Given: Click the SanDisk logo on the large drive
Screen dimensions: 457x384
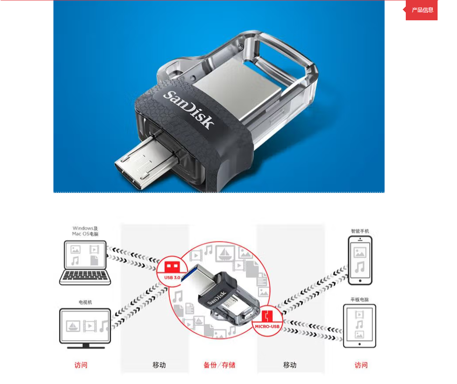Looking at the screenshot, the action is pyautogui.click(x=189, y=109).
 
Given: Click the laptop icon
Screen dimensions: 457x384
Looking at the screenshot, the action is pyautogui.click(x=85, y=263).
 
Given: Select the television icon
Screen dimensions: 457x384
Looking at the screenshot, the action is pyautogui.click(x=85, y=328).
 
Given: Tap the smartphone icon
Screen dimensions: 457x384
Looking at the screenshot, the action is pyautogui.click(x=360, y=260).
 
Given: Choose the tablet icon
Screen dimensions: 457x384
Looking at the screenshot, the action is pyautogui.click(x=360, y=326).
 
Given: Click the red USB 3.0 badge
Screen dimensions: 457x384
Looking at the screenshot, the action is pyautogui.click(x=172, y=270).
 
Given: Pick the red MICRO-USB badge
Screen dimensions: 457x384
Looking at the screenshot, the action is pyautogui.click(x=267, y=321).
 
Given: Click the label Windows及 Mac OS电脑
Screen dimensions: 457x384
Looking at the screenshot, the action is pyautogui.click(x=85, y=231).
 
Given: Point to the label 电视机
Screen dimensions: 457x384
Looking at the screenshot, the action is pyautogui.click(x=85, y=302).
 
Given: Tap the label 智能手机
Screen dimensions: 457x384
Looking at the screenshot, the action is pyautogui.click(x=360, y=231).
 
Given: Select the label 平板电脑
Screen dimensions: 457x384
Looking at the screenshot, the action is pyautogui.click(x=360, y=300).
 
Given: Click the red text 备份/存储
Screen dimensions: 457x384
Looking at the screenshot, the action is pyautogui.click(x=219, y=365).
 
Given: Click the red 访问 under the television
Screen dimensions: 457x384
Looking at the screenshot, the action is pyautogui.click(x=81, y=365).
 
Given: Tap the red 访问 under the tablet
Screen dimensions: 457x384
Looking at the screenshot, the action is pyautogui.click(x=361, y=365).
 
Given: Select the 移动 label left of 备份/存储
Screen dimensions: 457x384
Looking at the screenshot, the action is pyautogui.click(x=159, y=365).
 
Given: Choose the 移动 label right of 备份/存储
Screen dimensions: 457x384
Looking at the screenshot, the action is pyautogui.click(x=290, y=365).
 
